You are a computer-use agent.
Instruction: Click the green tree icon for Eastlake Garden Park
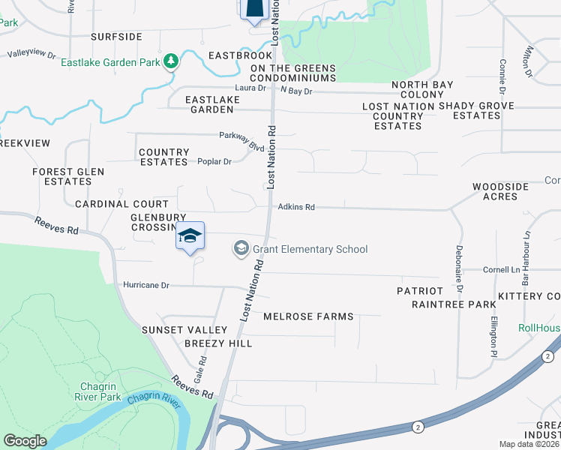(x=172, y=60)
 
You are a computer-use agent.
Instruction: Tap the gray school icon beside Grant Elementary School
(x=241, y=248)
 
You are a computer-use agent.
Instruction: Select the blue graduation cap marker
(x=190, y=236)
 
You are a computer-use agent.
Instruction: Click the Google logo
(x=25, y=441)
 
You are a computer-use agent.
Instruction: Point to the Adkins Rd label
(x=296, y=207)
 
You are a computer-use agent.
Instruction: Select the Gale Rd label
(x=201, y=368)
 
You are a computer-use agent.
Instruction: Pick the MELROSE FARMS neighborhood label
(x=308, y=316)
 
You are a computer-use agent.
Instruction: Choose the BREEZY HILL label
(x=218, y=343)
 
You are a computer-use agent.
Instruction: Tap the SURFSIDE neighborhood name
(x=116, y=36)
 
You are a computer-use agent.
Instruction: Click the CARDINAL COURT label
(x=121, y=204)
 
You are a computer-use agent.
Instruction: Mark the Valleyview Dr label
(x=31, y=55)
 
